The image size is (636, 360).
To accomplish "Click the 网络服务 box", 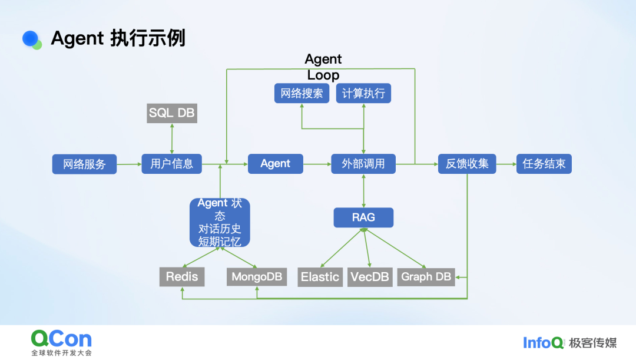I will [x=84, y=164].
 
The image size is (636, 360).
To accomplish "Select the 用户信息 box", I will [x=171, y=164].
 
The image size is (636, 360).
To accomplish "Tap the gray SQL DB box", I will [x=171, y=113].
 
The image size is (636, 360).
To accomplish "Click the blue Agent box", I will [x=275, y=164].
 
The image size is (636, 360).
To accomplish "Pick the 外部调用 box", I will [x=363, y=164].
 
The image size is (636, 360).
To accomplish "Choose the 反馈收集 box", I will [x=467, y=164].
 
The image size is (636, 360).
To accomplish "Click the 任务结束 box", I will [x=544, y=164].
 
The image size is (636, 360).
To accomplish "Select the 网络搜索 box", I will [x=302, y=94].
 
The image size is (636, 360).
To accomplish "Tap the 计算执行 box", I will [x=363, y=94].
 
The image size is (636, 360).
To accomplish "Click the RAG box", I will [x=363, y=217].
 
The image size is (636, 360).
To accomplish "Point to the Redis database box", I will [x=182, y=277].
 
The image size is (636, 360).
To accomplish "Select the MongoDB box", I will [x=257, y=277].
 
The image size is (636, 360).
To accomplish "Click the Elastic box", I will [x=320, y=277].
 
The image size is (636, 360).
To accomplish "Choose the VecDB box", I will [x=370, y=277].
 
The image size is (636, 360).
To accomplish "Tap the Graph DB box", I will [x=426, y=277].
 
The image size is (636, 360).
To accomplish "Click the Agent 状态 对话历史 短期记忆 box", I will [x=220, y=223].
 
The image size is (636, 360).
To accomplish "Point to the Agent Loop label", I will [x=323, y=67].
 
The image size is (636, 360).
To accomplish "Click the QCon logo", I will [x=61, y=339].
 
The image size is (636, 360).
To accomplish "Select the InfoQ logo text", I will [x=543, y=342].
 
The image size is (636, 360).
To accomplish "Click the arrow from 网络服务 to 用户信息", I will [x=129, y=164].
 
